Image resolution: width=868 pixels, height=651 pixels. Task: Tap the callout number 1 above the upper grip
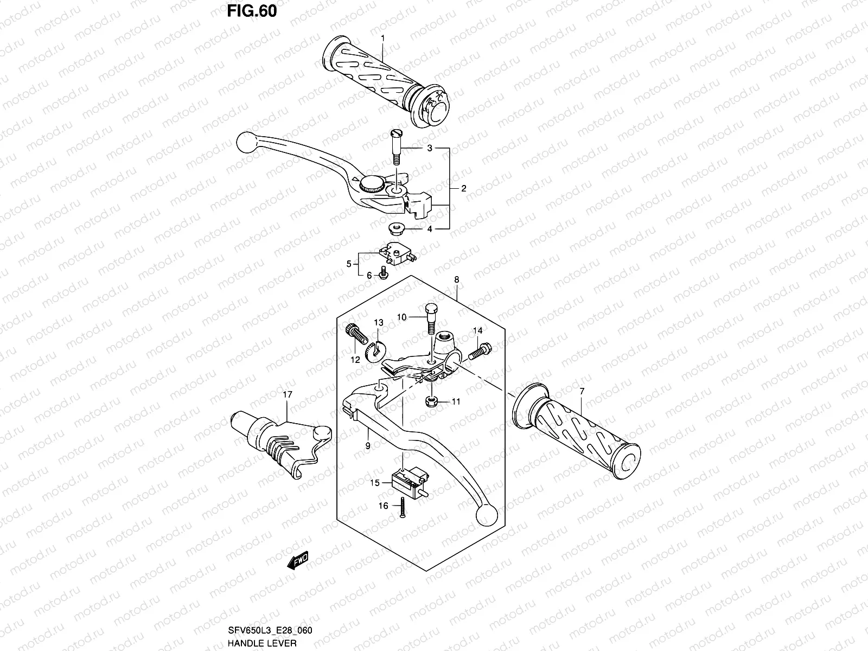[382, 39]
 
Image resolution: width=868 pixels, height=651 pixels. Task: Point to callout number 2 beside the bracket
[463, 189]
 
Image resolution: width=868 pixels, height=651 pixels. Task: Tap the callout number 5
[349, 264]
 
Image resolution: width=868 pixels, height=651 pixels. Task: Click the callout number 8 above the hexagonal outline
[457, 280]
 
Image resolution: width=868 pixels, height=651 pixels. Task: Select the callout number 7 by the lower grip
[582, 391]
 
